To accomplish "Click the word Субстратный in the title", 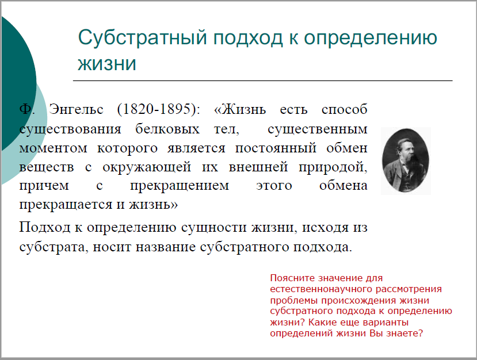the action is (143, 38).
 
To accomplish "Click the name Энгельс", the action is (76, 109).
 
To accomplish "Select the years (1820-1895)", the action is (158, 109).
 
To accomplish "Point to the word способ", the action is (344, 109).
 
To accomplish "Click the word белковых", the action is (167, 129).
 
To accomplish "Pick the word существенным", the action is (318, 129).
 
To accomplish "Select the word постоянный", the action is (276, 148).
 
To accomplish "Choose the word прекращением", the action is (180, 186).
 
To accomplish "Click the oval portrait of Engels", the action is (406, 160).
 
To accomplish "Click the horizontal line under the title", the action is (263, 81).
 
